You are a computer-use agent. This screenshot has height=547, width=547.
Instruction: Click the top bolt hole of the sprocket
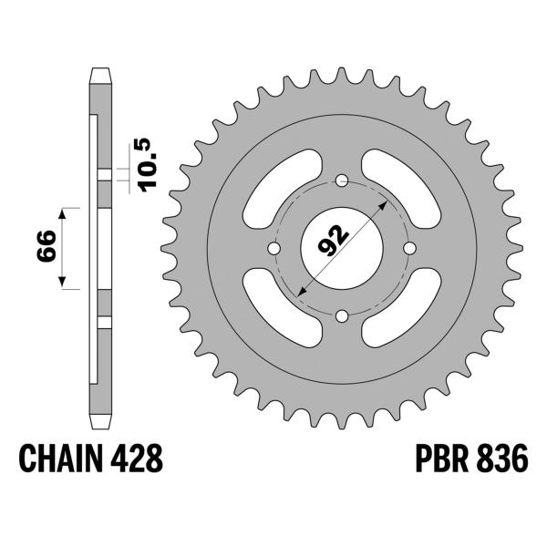click(342, 180)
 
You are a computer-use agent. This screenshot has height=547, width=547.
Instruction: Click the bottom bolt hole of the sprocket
click(342, 316)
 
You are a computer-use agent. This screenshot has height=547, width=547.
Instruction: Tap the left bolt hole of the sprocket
click(273, 248)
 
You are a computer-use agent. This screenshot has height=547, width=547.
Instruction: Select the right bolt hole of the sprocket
click(410, 248)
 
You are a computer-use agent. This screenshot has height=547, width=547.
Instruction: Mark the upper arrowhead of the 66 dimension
click(63, 212)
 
